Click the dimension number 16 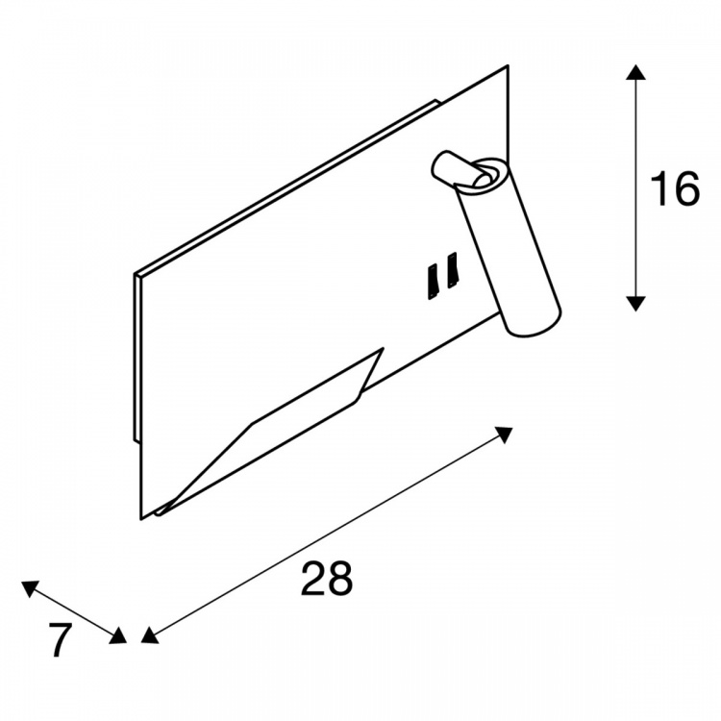point(675,188)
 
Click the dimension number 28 point(327,578)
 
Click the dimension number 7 point(61,639)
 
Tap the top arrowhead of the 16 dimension point(635,72)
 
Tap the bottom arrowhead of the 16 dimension point(635,304)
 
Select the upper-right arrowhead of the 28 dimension point(505,435)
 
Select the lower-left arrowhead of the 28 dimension point(149,636)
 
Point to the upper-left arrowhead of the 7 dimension point(30,588)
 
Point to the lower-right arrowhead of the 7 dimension point(118,636)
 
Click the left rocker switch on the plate point(434,282)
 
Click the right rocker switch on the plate point(453,271)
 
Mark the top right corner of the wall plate point(509,65)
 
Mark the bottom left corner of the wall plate point(141,519)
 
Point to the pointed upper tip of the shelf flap point(383,349)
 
